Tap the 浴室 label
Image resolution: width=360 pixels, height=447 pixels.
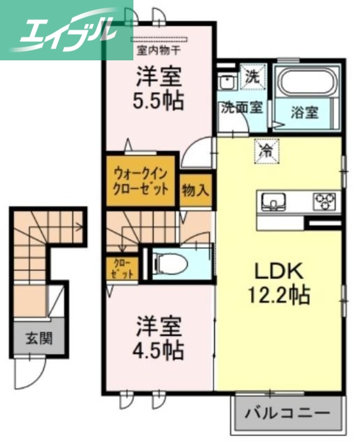(305, 112)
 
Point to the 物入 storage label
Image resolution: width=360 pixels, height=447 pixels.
(195, 191)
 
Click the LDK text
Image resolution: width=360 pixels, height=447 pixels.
(279, 272)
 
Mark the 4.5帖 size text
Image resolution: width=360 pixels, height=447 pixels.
(159, 350)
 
